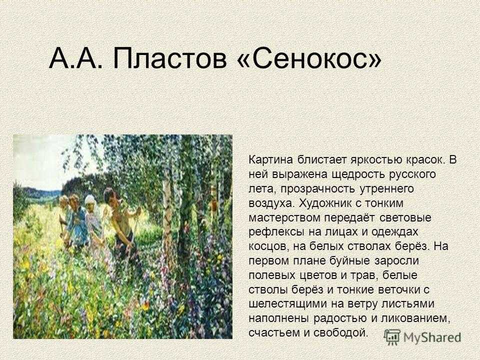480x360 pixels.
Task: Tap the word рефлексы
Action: pos(274,232)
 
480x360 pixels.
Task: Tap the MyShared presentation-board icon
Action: pos(392,337)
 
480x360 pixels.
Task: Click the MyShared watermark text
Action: pos(432,338)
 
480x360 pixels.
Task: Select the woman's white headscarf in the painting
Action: pos(90,200)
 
